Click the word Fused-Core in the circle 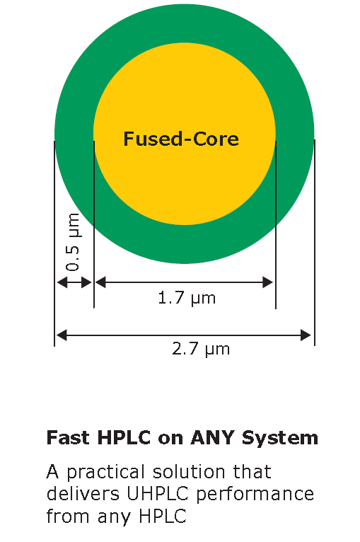181,139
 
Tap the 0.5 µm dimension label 74,242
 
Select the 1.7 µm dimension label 187,299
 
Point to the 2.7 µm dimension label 201,349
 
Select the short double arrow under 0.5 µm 74,282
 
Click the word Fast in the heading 69,437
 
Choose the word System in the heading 280,439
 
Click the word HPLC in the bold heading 124,437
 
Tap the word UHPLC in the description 158,494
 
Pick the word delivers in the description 83,494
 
